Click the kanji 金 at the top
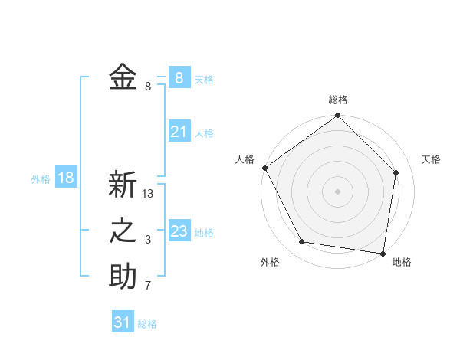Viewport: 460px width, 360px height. (x=123, y=77)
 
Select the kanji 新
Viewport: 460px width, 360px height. (x=123, y=185)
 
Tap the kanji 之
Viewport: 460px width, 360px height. (x=123, y=231)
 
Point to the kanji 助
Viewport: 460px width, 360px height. (x=123, y=277)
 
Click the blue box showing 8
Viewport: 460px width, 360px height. (x=179, y=77)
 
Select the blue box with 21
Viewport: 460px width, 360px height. (x=179, y=132)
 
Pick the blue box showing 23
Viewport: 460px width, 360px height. (x=179, y=231)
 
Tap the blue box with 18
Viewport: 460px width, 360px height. (x=65, y=178)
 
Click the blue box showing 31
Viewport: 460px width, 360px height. (x=123, y=322)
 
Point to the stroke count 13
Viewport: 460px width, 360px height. (x=149, y=195)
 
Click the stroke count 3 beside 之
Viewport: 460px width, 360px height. (x=148, y=241)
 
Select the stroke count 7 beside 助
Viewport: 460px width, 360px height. (x=148, y=286)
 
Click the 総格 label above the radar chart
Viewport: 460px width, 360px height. (x=338, y=100)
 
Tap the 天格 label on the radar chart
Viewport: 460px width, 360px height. (x=432, y=159)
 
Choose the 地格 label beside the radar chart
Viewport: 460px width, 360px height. (x=402, y=262)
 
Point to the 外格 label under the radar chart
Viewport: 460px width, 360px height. (x=270, y=262)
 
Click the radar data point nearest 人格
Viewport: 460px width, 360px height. (x=264, y=168)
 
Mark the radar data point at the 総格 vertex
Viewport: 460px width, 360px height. (x=338, y=116)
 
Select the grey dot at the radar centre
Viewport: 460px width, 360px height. (x=338, y=191)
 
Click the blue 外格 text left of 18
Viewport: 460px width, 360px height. (x=41, y=179)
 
